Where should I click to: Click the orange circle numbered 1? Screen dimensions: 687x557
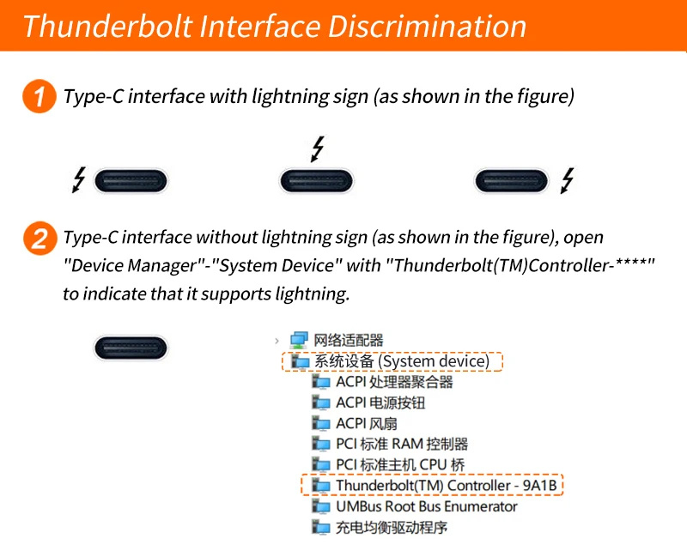(x=39, y=96)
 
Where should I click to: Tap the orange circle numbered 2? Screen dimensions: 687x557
(x=40, y=239)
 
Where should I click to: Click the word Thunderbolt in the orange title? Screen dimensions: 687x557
(x=108, y=27)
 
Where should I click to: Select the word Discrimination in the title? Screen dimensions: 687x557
(x=427, y=27)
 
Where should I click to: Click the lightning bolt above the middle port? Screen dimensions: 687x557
(x=318, y=148)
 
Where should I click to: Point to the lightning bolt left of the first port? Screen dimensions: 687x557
(x=79, y=179)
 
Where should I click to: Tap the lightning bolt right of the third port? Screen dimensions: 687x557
(x=568, y=180)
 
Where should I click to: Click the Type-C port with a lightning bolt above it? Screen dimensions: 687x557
(x=316, y=181)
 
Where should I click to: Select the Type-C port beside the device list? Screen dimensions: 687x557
(x=131, y=348)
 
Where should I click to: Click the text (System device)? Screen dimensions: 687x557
(x=434, y=361)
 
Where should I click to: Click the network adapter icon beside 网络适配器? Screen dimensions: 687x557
(x=299, y=340)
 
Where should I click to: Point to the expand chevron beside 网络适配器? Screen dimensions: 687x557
(x=277, y=340)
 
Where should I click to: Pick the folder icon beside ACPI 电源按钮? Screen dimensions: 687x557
(x=320, y=402)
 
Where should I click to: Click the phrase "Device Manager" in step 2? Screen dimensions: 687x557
(x=134, y=265)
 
